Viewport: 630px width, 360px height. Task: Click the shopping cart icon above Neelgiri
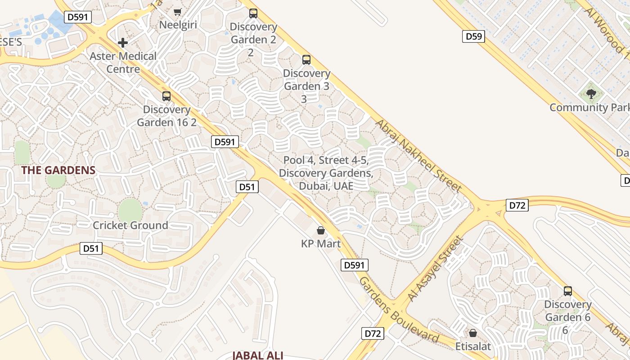178,12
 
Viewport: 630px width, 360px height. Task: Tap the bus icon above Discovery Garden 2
253,13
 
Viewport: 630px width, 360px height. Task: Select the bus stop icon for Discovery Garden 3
306,59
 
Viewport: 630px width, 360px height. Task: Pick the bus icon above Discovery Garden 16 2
166,96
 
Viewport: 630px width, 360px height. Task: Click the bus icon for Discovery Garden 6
568,291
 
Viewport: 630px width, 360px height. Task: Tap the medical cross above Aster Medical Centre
123,43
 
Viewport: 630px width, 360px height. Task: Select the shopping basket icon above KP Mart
321,230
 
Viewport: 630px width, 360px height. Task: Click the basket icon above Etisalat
473,333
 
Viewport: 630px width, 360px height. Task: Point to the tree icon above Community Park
591,94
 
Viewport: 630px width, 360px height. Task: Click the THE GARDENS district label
58,170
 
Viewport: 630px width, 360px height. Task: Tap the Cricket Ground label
130,225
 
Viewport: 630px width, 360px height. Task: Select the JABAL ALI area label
258,355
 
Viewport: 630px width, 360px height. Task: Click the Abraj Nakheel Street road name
418,155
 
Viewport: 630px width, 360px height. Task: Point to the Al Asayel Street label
435,269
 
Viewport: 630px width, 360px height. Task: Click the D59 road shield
473,36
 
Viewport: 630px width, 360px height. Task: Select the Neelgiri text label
178,25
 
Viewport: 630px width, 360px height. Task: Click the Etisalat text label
473,346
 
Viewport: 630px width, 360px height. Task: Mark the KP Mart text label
321,244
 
